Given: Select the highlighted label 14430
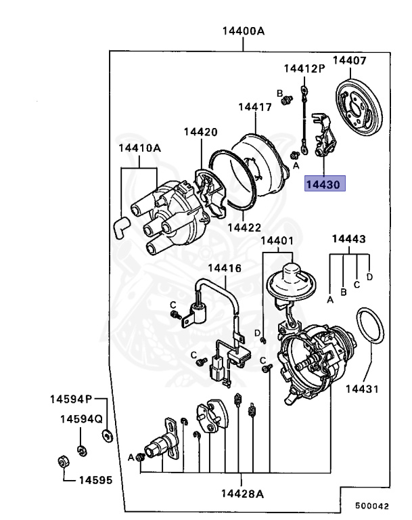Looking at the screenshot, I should pyautogui.click(x=325, y=183).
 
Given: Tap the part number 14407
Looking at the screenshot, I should pyautogui.click(x=349, y=61).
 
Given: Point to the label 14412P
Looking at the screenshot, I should pyautogui.click(x=304, y=68).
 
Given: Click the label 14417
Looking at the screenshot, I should pyautogui.click(x=254, y=107).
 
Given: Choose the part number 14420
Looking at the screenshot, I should pyautogui.click(x=200, y=133).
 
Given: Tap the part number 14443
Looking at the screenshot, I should pyautogui.click(x=348, y=240).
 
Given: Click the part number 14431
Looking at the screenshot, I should pyautogui.click(x=362, y=389).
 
